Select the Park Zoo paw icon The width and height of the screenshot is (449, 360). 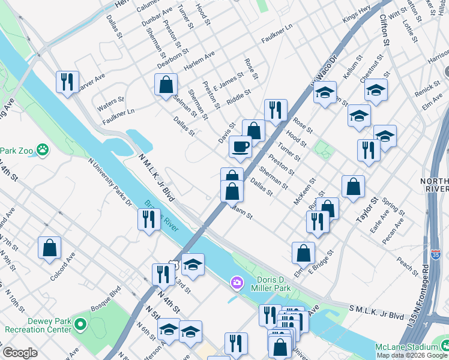point(42,149)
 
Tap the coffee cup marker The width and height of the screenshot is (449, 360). point(240,147)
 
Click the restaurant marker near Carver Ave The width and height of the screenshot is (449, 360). point(67,81)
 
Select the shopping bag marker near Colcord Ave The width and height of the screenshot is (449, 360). point(49,247)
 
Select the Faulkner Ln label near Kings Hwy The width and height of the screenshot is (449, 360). point(276,35)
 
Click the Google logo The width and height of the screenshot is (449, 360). point(20,353)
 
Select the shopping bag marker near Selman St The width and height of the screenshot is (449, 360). point(166,85)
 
